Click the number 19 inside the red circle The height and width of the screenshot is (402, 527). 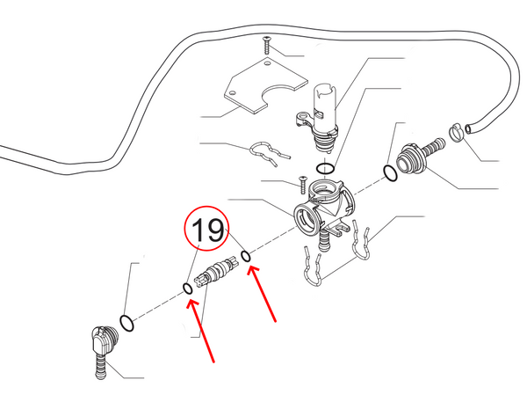[210, 232]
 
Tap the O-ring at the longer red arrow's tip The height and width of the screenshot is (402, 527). [187, 288]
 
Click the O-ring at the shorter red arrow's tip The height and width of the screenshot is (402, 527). [247, 257]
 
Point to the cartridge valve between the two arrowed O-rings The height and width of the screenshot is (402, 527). [216, 272]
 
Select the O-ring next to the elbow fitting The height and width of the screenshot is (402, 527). [127, 323]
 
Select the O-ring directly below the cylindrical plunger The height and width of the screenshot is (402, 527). [325, 168]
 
